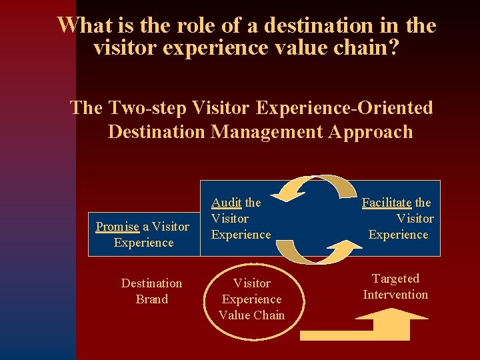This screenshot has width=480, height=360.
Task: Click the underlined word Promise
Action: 117,227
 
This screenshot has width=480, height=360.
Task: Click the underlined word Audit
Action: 227,203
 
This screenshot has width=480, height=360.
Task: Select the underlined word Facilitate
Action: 387,203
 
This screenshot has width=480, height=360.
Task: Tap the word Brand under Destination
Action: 151,299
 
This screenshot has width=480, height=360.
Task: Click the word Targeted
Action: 395,279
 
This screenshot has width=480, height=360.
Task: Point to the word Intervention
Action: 395,295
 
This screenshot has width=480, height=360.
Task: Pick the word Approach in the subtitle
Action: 371,131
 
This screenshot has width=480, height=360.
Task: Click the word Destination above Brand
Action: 151,283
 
